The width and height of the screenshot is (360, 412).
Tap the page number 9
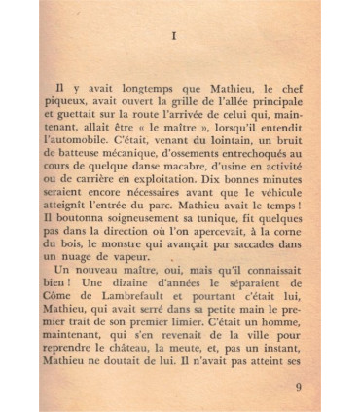point(300,386)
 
